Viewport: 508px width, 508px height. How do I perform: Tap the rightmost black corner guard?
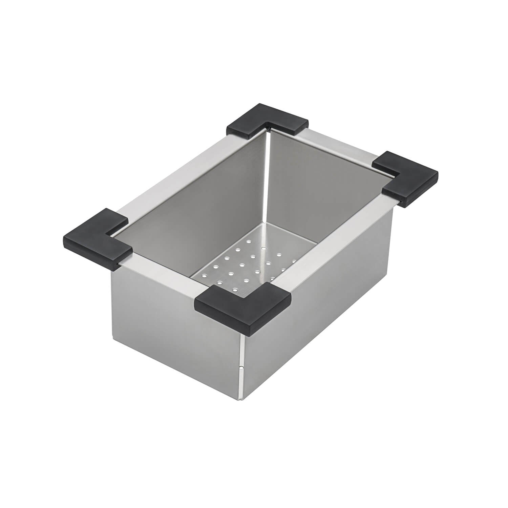point(406,178)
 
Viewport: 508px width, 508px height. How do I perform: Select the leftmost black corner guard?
point(97,237)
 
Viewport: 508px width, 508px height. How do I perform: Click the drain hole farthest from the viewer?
point(249,241)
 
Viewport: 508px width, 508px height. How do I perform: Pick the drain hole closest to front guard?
point(245,280)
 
